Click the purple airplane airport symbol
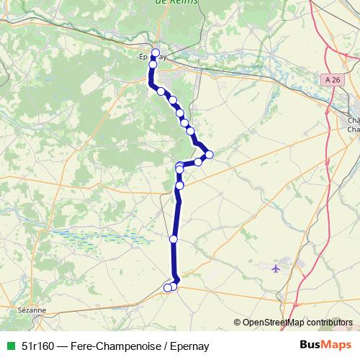(277, 269)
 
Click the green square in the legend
(9, 346)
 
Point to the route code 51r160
(39, 346)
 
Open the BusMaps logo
(325, 345)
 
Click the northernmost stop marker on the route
(155, 52)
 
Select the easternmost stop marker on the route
(209, 154)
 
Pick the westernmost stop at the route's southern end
(167, 288)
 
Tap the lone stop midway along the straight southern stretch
(173, 238)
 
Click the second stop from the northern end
(153, 64)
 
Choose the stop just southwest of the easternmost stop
(198, 162)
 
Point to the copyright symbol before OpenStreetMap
(238, 322)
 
